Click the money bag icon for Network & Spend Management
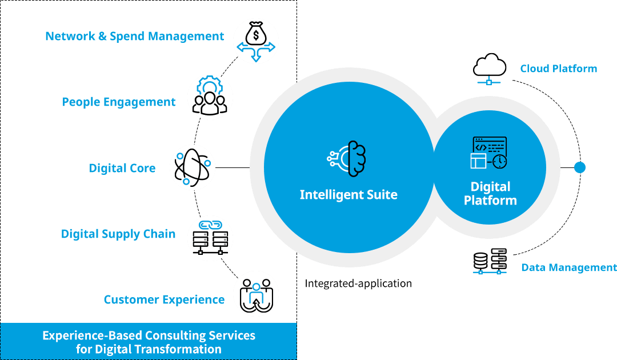click(x=256, y=41)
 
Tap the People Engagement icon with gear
click(x=210, y=97)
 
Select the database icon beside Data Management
click(x=490, y=262)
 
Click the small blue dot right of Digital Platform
click(x=579, y=168)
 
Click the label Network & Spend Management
click(x=134, y=37)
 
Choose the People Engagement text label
click(x=118, y=102)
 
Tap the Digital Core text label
click(x=122, y=169)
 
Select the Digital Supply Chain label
click(x=118, y=234)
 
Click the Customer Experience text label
click(x=164, y=300)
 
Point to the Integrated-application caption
click(x=358, y=283)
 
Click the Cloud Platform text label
click(x=558, y=69)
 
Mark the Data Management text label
click(x=568, y=267)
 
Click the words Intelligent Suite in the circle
click(x=348, y=195)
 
